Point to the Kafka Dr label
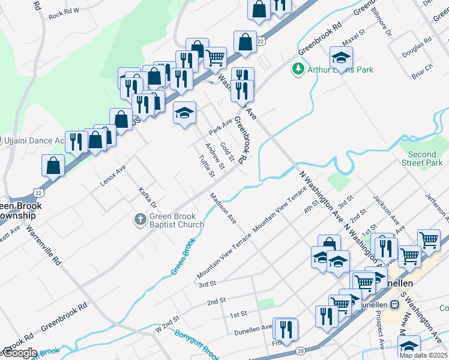147,196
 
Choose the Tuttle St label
206,166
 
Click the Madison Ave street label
223,208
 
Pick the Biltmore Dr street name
381,20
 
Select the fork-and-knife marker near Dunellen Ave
285,329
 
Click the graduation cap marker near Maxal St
341,58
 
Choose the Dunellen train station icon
394,304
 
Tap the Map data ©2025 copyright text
423,355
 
